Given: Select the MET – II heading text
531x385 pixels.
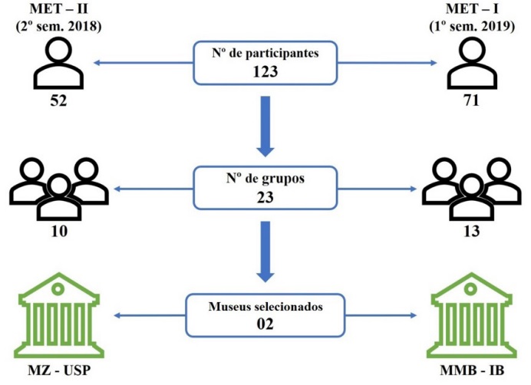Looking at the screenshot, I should [x=59, y=9].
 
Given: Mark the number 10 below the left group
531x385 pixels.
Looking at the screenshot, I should [x=58, y=231].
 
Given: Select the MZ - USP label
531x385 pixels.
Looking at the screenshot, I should [x=59, y=372].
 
